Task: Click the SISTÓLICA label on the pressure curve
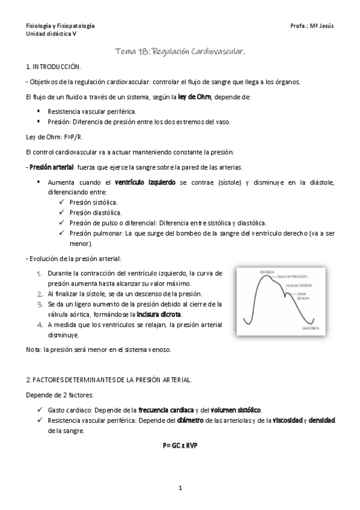point(250,272)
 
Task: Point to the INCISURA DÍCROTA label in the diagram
point(299,286)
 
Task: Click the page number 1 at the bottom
point(180,488)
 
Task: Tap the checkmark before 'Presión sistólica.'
point(63,202)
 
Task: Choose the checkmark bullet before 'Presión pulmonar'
point(63,233)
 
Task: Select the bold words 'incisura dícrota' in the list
point(159,315)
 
